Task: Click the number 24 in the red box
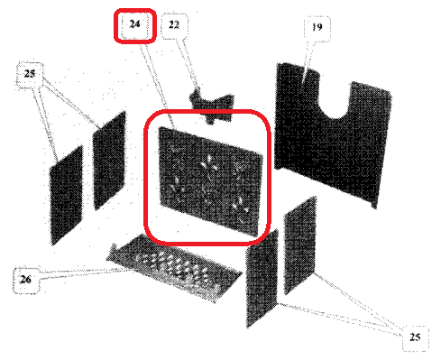134,23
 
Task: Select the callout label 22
174,24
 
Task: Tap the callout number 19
317,27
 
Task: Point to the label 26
25,280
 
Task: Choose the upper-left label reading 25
29,74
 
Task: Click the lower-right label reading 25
415,337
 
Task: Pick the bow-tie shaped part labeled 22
212,106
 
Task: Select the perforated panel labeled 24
209,180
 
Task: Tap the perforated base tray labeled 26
174,268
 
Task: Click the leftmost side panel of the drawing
66,196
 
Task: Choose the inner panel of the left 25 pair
109,161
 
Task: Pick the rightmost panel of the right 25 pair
300,245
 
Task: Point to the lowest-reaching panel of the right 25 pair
262,278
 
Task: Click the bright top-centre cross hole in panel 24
209,165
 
